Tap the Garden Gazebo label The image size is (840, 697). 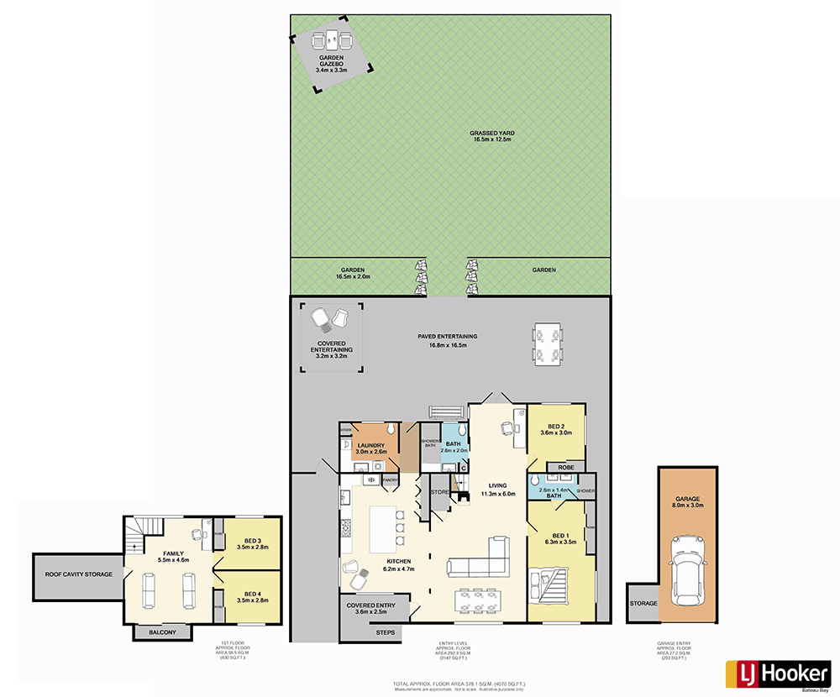click(329, 64)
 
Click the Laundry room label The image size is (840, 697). click(370, 448)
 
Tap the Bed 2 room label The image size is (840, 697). click(555, 429)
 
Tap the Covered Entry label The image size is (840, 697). click(375, 608)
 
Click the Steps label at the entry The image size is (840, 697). click(385, 631)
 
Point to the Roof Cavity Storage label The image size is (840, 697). click(75, 574)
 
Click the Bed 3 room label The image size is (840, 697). click(253, 543)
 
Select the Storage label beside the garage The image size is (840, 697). click(643, 603)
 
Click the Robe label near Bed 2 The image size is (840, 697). click(566, 466)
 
